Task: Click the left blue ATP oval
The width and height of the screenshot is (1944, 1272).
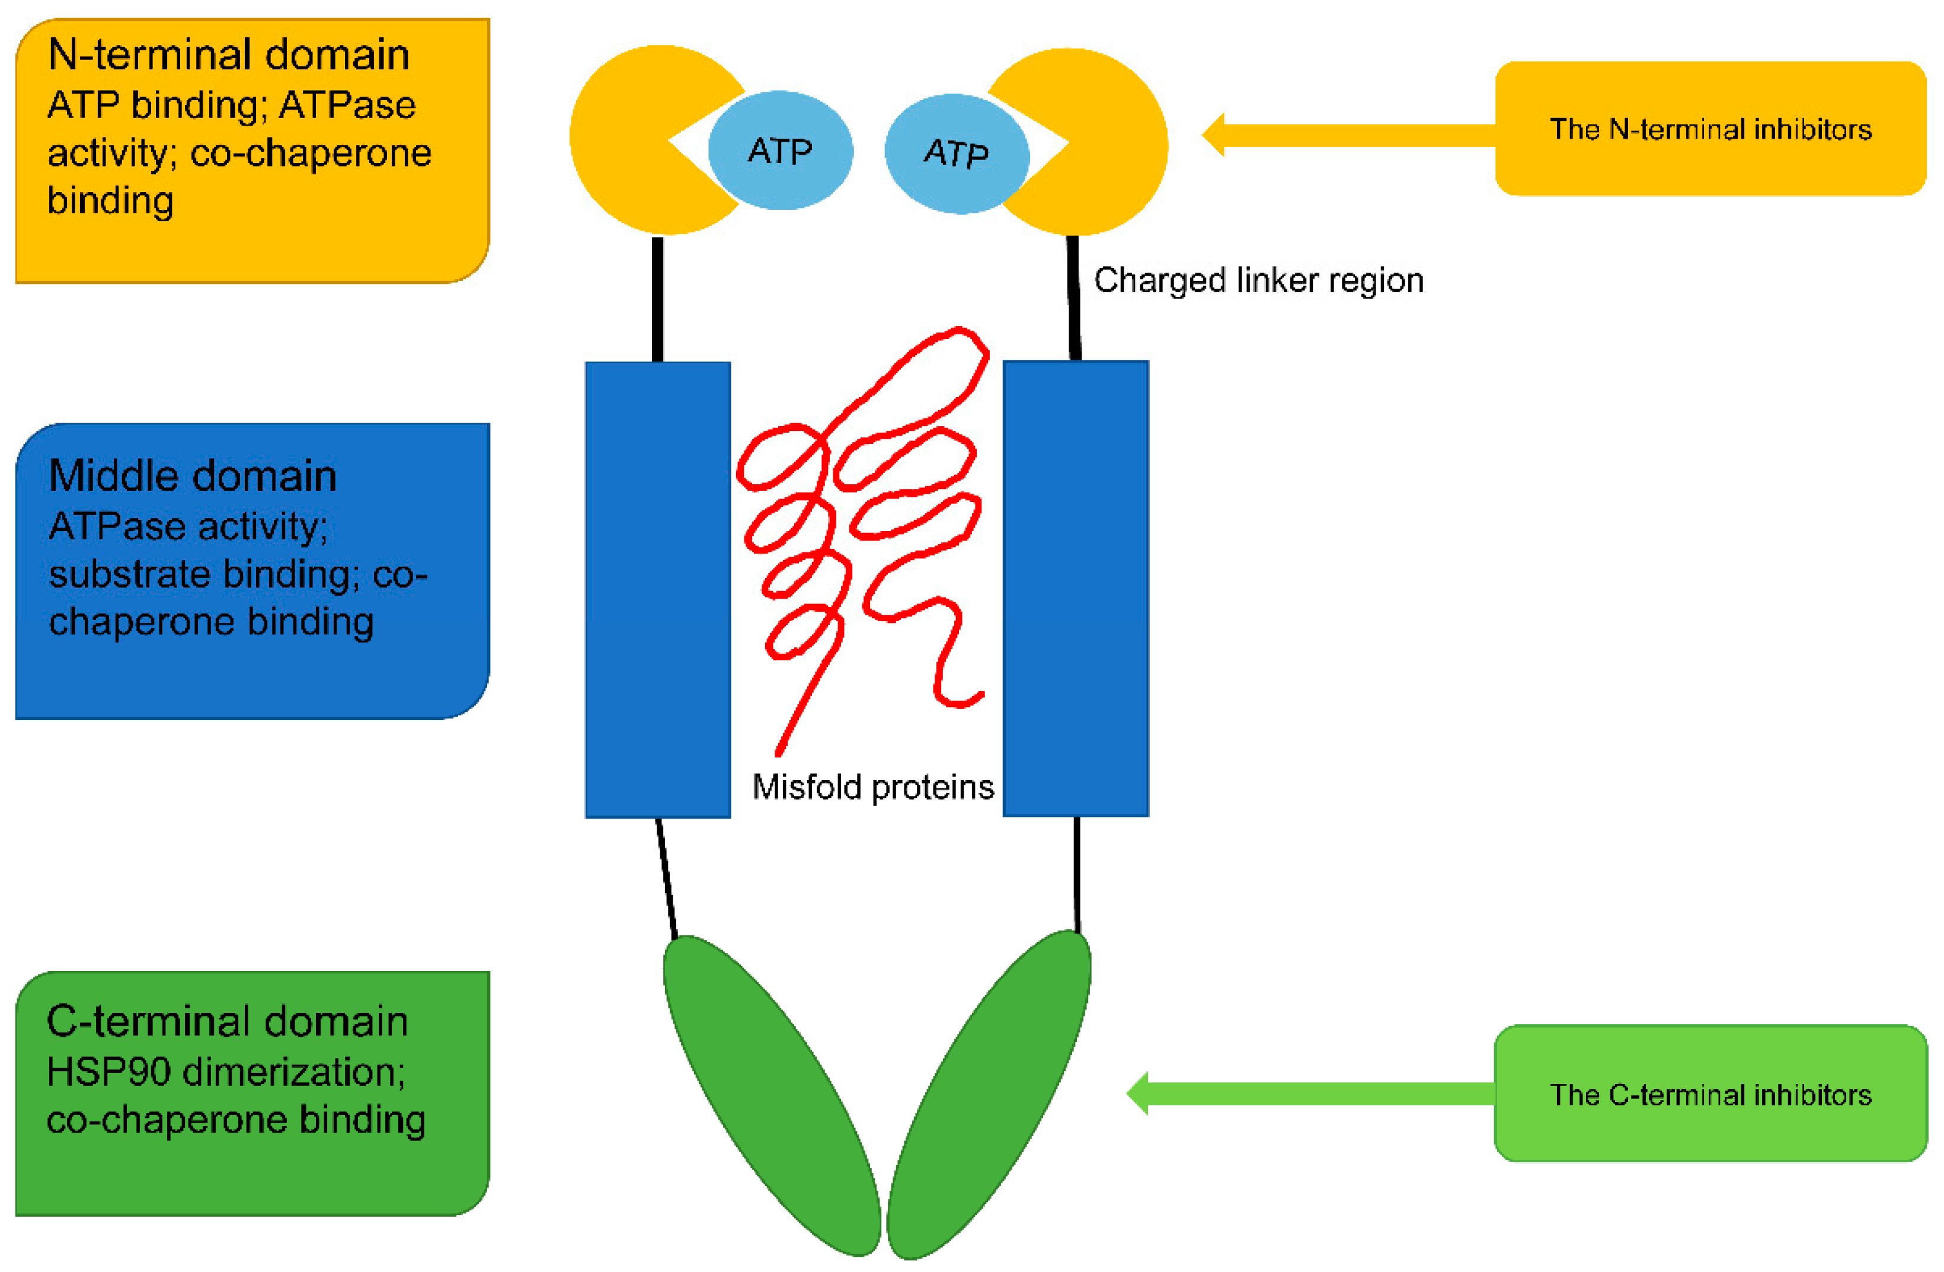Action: pos(780,151)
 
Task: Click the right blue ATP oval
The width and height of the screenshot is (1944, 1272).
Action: pos(955,153)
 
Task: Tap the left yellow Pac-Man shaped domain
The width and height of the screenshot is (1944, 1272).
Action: pos(629,139)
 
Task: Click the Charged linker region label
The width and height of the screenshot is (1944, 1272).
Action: pos(1258,281)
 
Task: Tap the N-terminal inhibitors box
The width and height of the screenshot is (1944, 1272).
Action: pos(1710,129)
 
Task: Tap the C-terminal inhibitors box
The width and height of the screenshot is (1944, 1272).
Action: pos(1710,1095)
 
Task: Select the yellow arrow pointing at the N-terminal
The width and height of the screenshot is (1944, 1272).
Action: pos(1348,135)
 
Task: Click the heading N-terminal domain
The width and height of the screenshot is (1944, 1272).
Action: pos(229,56)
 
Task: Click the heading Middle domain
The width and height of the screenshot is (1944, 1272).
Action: pos(193,477)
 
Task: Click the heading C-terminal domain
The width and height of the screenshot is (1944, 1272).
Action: pos(227,1022)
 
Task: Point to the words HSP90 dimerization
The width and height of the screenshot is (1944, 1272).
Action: pos(225,1072)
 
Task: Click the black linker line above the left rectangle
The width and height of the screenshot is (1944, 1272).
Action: pos(657,298)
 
